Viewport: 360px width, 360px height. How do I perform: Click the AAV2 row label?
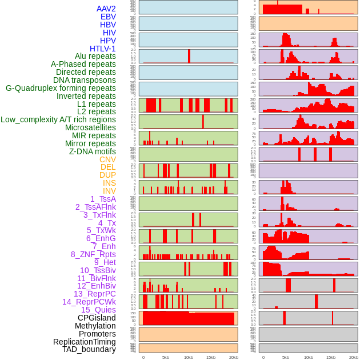[106, 9]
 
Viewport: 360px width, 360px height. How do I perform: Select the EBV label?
[108, 17]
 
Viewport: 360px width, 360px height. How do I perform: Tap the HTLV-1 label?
[103, 49]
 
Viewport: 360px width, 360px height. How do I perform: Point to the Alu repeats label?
[95, 56]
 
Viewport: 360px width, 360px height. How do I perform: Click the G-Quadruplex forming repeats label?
[61, 88]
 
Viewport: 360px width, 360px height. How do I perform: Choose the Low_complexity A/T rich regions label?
[58, 119]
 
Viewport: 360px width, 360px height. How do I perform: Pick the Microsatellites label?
[90, 127]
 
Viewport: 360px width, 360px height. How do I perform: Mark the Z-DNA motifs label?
[93, 151]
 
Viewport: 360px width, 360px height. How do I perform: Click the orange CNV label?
[107, 159]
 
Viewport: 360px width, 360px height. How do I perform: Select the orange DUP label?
[107, 175]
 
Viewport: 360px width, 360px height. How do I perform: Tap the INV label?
[109, 191]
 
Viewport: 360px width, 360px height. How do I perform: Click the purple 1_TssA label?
[103, 199]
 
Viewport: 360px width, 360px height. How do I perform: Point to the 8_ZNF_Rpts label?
[93, 254]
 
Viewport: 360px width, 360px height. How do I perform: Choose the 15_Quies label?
[98, 310]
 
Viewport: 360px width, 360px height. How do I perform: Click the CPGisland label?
[97, 318]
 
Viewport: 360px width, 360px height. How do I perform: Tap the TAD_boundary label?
[89, 349]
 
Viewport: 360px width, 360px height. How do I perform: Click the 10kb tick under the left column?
[188, 357]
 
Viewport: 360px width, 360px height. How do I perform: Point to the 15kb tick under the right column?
[331, 357]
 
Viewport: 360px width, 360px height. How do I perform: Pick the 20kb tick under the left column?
[233, 357]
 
